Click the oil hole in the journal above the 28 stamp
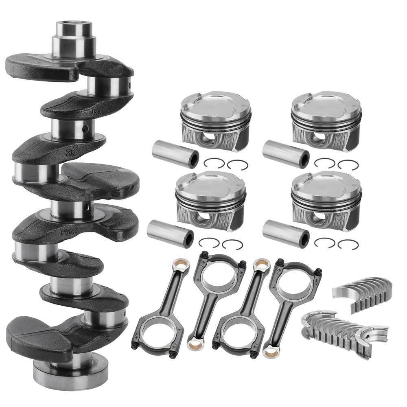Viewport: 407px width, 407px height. coord(85,129)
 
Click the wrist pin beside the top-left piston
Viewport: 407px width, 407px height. coord(175,154)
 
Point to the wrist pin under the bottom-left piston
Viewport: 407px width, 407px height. coord(170,234)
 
